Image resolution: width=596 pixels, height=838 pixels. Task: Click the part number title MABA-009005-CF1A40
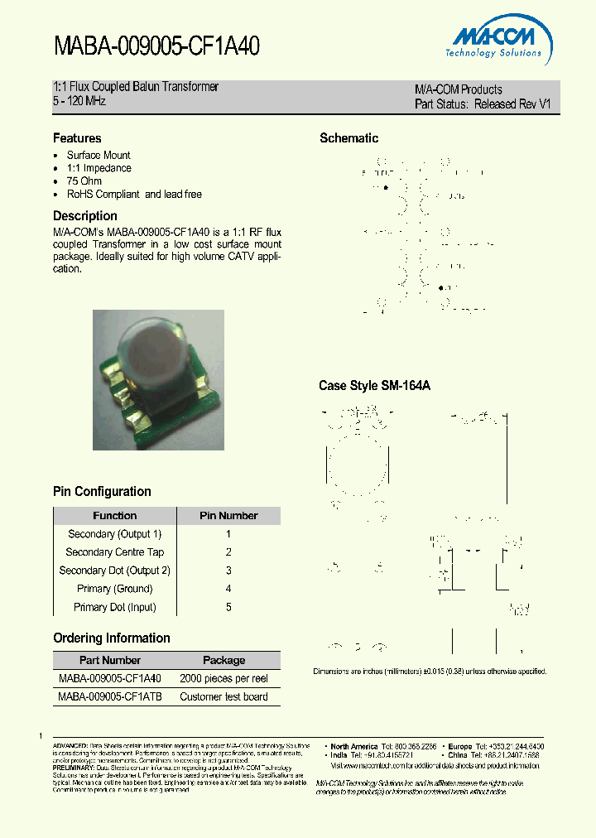(156, 46)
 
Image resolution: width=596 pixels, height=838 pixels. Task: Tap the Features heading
(77, 138)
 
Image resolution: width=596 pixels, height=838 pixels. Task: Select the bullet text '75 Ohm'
(84, 181)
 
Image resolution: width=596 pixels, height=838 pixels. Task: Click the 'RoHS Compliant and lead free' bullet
(134, 195)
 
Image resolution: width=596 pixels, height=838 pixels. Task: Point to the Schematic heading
(348, 138)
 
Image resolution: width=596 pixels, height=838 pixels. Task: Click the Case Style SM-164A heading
(374, 386)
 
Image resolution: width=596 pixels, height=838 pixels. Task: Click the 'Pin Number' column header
(228, 516)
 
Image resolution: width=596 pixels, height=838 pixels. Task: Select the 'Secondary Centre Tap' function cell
(115, 552)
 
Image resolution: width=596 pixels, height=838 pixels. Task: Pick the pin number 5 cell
(228, 607)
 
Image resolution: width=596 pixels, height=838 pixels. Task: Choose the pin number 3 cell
(228, 571)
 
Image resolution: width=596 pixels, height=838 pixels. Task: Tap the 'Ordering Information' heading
(112, 638)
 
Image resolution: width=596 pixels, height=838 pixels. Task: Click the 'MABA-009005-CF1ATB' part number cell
(110, 697)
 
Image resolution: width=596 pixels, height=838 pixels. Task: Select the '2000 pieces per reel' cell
(223, 679)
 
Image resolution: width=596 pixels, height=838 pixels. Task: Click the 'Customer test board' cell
(223, 697)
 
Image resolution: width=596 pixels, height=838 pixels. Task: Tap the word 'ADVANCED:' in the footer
(70, 746)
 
